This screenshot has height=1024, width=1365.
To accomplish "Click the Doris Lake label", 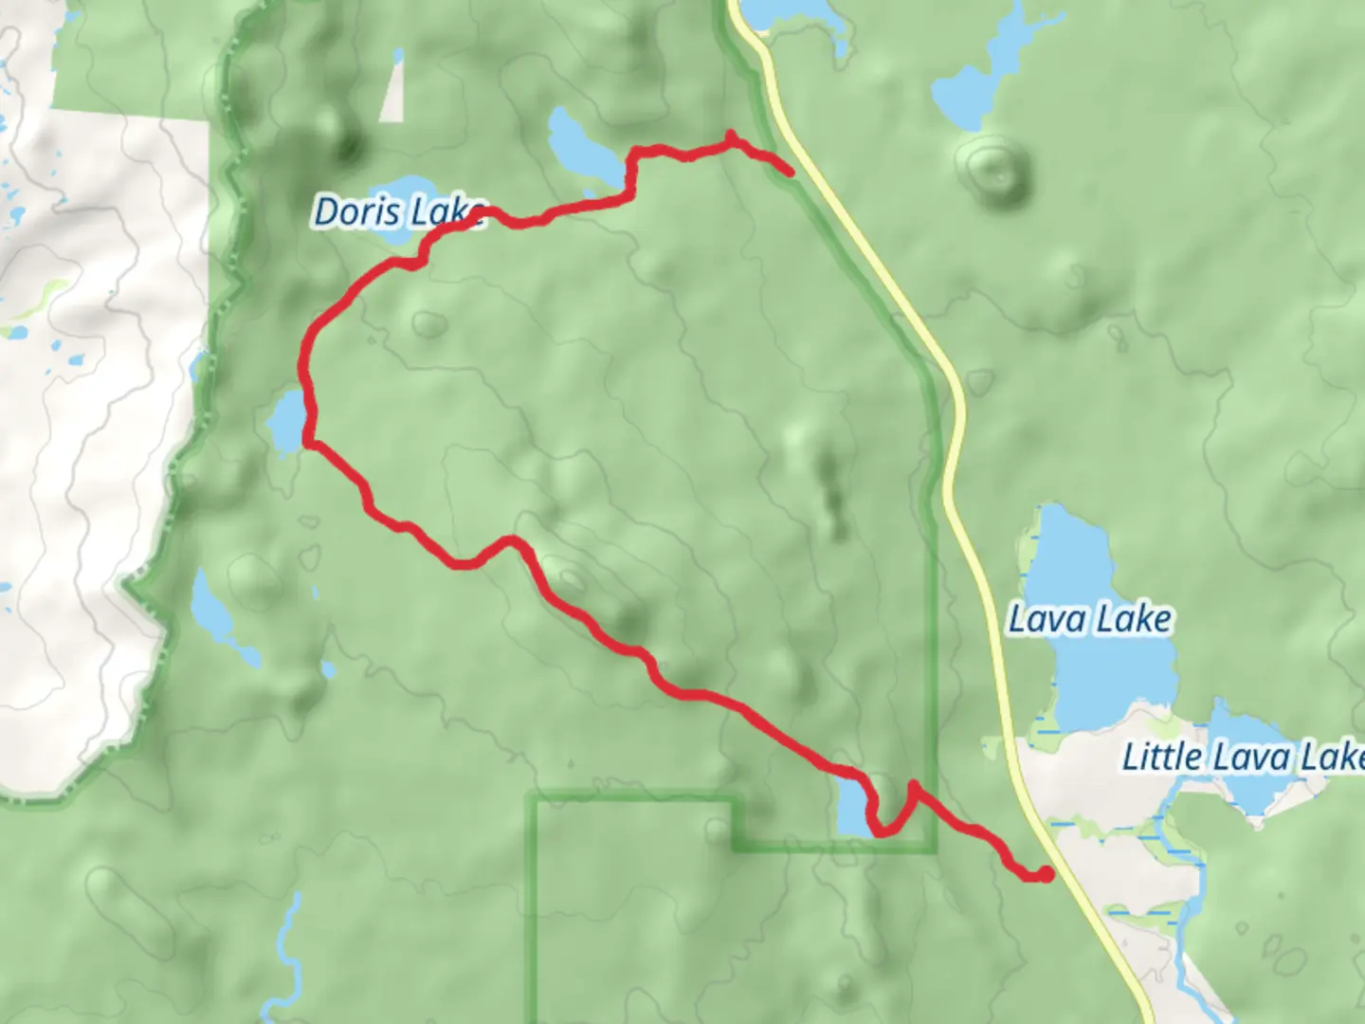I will pos(398,212).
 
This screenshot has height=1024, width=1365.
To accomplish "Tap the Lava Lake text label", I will pos(1088,620).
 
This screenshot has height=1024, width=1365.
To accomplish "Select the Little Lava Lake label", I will pos(1242,758).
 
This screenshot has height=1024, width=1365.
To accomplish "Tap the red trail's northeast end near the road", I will pos(790,172).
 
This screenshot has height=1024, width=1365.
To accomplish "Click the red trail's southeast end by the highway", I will pos(1046,874).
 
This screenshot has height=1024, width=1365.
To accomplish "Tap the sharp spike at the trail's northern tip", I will pos(730,135).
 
